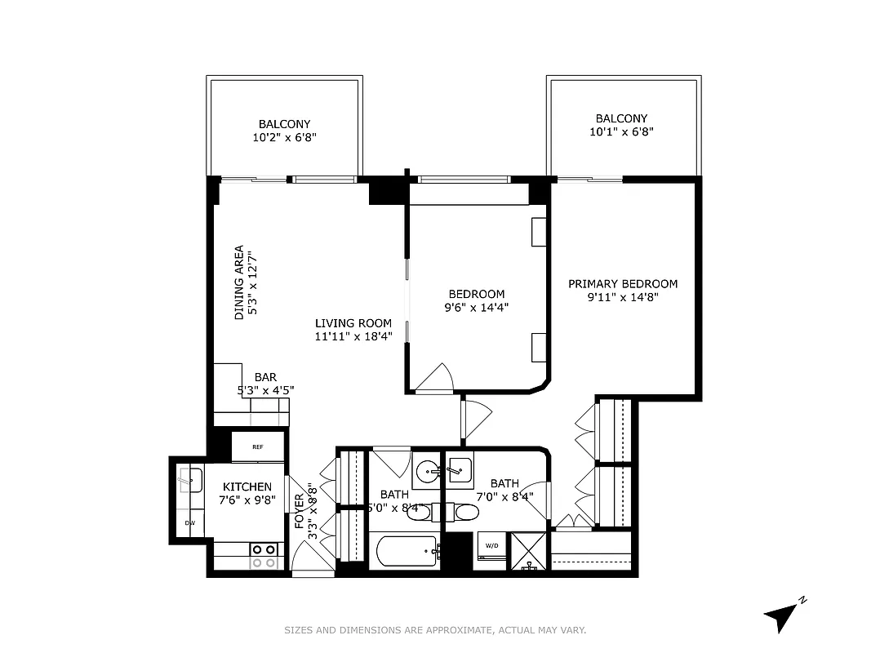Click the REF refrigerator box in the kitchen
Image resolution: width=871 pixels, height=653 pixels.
pos(257,447)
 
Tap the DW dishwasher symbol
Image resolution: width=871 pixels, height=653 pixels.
pos(189,522)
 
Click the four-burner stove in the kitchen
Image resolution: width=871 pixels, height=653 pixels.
pos(264,556)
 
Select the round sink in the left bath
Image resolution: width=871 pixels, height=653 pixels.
pos(427,472)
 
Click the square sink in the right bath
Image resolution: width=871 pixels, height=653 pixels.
pos(460,470)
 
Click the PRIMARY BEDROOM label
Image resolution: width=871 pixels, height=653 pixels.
pos(623,284)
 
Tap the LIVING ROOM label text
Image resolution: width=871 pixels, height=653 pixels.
pos(353,323)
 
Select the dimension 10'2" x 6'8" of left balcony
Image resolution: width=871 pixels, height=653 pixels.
pos(284,139)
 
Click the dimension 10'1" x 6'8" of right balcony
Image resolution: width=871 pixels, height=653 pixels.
pos(621,132)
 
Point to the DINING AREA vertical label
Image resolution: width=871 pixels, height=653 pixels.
pos(239,282)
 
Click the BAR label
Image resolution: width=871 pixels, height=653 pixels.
pos(265,377)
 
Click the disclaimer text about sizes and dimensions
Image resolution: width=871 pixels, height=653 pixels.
pos(435,630)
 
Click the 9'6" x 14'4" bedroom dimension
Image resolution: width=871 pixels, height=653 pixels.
pos(476,309)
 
